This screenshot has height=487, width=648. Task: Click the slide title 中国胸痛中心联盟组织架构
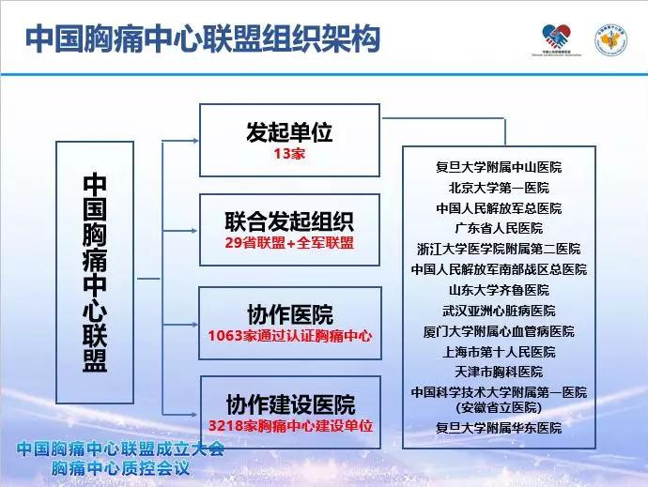point(202,38)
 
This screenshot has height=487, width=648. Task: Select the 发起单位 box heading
point(289,131)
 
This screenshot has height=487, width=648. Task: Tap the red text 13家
point(289,154)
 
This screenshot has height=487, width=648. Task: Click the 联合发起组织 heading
point(289,222)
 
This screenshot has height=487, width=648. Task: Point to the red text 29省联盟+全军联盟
point(289,243)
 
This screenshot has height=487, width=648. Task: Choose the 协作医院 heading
point(289,314)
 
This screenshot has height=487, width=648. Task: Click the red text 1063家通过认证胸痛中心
point(289,335)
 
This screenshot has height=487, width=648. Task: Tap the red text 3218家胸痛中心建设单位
point(289,426)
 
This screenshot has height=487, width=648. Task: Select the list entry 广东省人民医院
point(499,228)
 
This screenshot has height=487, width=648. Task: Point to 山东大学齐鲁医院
point(499,290)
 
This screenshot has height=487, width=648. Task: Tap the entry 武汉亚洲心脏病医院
point(499,311)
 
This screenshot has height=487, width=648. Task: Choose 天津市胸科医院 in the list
point(499,372)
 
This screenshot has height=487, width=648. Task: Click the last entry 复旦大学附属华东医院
point(499,428)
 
